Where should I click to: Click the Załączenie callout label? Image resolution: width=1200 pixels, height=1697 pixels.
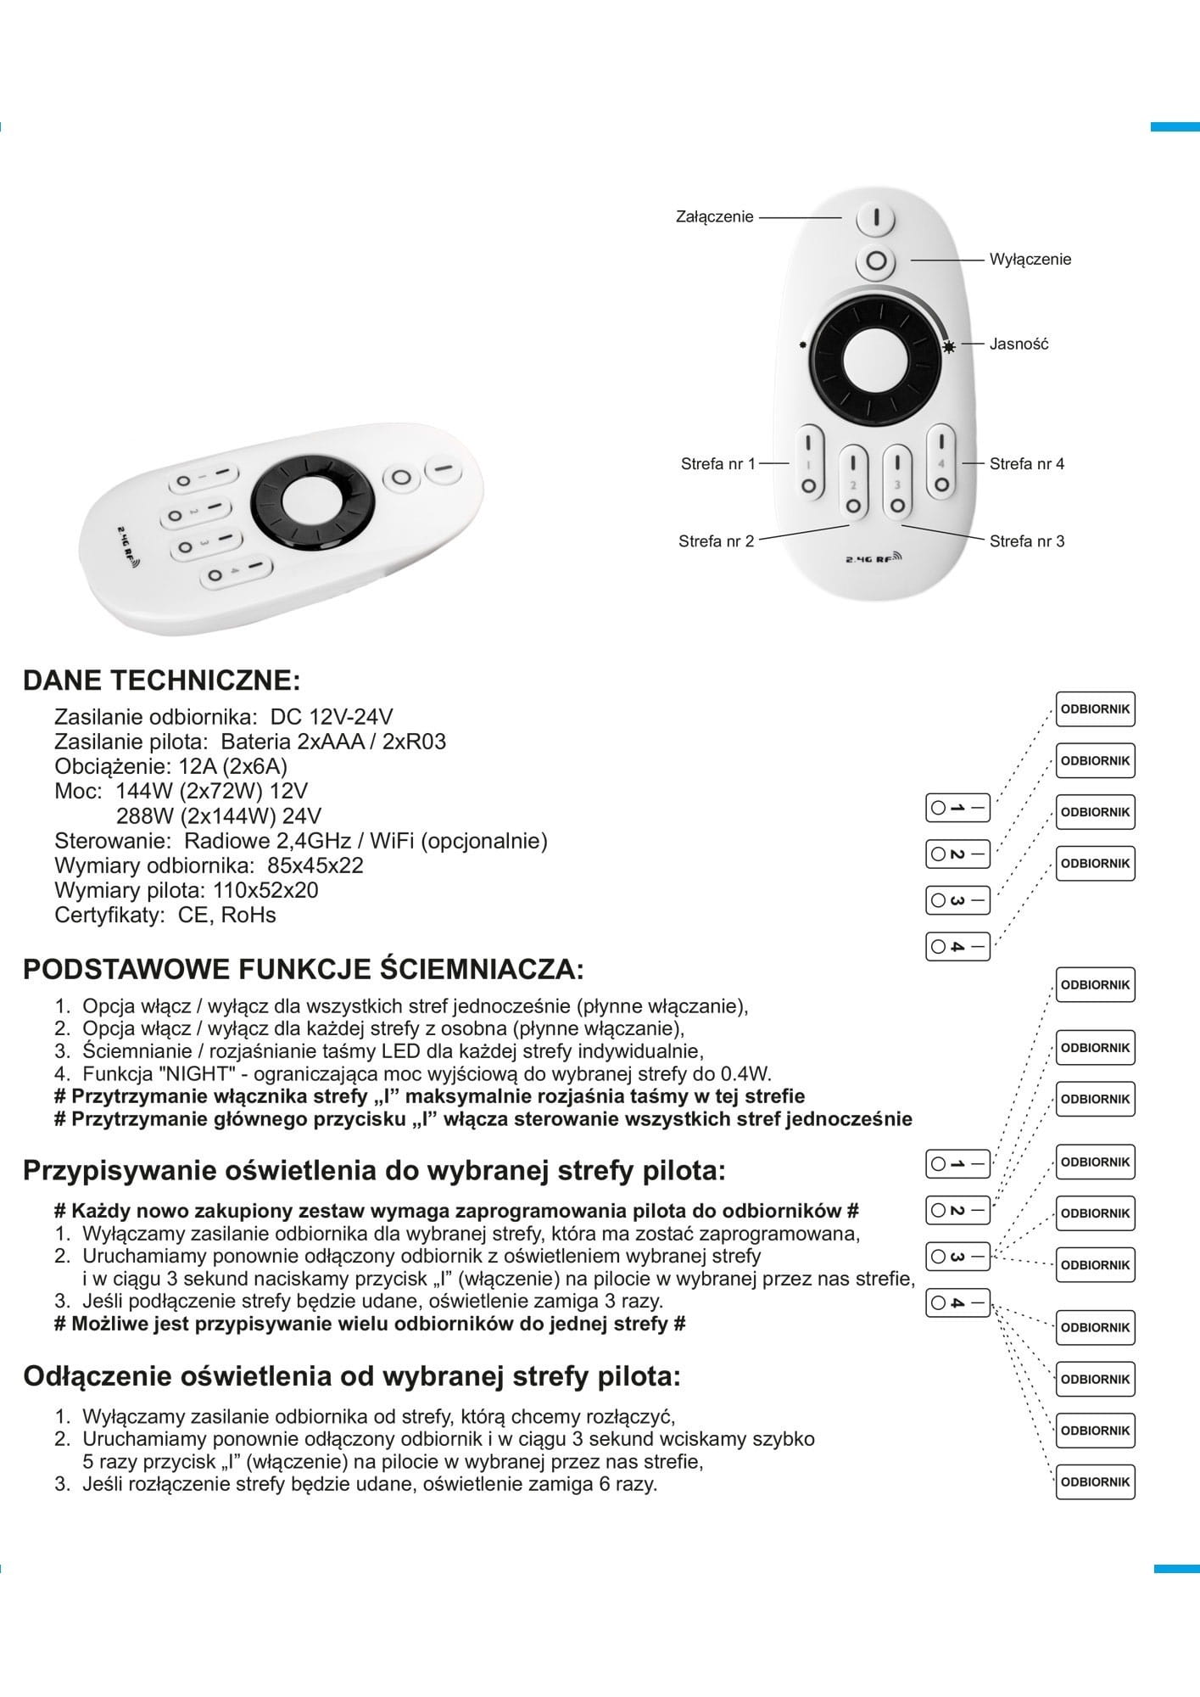point(714,217)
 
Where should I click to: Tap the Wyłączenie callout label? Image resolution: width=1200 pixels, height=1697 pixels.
point(1030,260)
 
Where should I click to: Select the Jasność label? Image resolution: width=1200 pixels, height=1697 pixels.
point(1019,344)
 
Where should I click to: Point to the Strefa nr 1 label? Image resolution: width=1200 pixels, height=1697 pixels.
point(717,464)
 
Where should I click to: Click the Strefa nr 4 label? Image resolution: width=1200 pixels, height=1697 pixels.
point(1026,464)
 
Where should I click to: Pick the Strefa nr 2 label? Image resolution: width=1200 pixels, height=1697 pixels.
point(716,541)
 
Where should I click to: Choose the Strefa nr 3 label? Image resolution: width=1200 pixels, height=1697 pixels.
point(1026,541)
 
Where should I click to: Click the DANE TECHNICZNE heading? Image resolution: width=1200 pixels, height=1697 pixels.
point(161,680)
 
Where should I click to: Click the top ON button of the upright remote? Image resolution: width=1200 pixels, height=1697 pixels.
point(875,219)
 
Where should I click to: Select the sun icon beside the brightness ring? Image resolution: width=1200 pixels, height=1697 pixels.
point(949,345)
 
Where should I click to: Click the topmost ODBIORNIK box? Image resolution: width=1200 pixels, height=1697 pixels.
point(1095,709)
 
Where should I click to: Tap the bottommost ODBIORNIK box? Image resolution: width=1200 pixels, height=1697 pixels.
point(1095,1481)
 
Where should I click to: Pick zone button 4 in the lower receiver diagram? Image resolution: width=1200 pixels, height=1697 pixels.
point(957,1302)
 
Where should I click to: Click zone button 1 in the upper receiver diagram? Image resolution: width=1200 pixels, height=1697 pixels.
point(957,808)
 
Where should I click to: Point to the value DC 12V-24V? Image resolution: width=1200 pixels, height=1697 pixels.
point(332,716)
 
